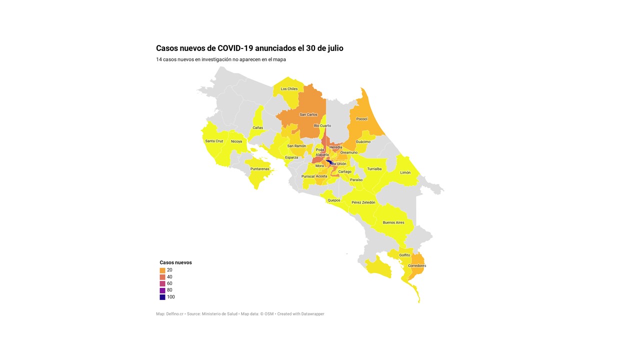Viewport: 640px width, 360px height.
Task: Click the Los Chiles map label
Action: pos(289,89)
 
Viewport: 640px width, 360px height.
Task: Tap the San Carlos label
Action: pos(308,114)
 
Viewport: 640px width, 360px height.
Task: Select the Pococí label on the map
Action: pos(361,119)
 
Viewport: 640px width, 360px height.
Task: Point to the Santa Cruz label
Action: pos(214,141)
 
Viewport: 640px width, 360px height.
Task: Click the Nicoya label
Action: pos(236,141)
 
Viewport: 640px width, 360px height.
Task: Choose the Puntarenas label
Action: pos(260,169)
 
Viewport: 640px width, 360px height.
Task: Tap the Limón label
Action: pos(405,172)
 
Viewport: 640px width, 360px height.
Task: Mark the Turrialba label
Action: pos(374,169)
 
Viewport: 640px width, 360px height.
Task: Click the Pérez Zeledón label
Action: pos(363,202)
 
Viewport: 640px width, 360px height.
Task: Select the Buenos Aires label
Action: pos(393,222)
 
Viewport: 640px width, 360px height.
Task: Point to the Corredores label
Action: pos(417,265)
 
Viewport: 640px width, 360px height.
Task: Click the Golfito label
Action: pos(404,255)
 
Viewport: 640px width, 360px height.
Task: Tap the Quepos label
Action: pos(333,200)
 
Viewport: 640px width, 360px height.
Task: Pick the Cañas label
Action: pos(257,127)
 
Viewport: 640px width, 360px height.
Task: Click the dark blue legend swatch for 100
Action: pos(162,297)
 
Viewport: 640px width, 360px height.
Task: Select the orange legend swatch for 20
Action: pos(162,270)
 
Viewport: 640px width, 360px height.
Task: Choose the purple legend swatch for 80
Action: pos(162,290)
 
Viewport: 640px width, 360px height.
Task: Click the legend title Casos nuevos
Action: pos(175,262)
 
